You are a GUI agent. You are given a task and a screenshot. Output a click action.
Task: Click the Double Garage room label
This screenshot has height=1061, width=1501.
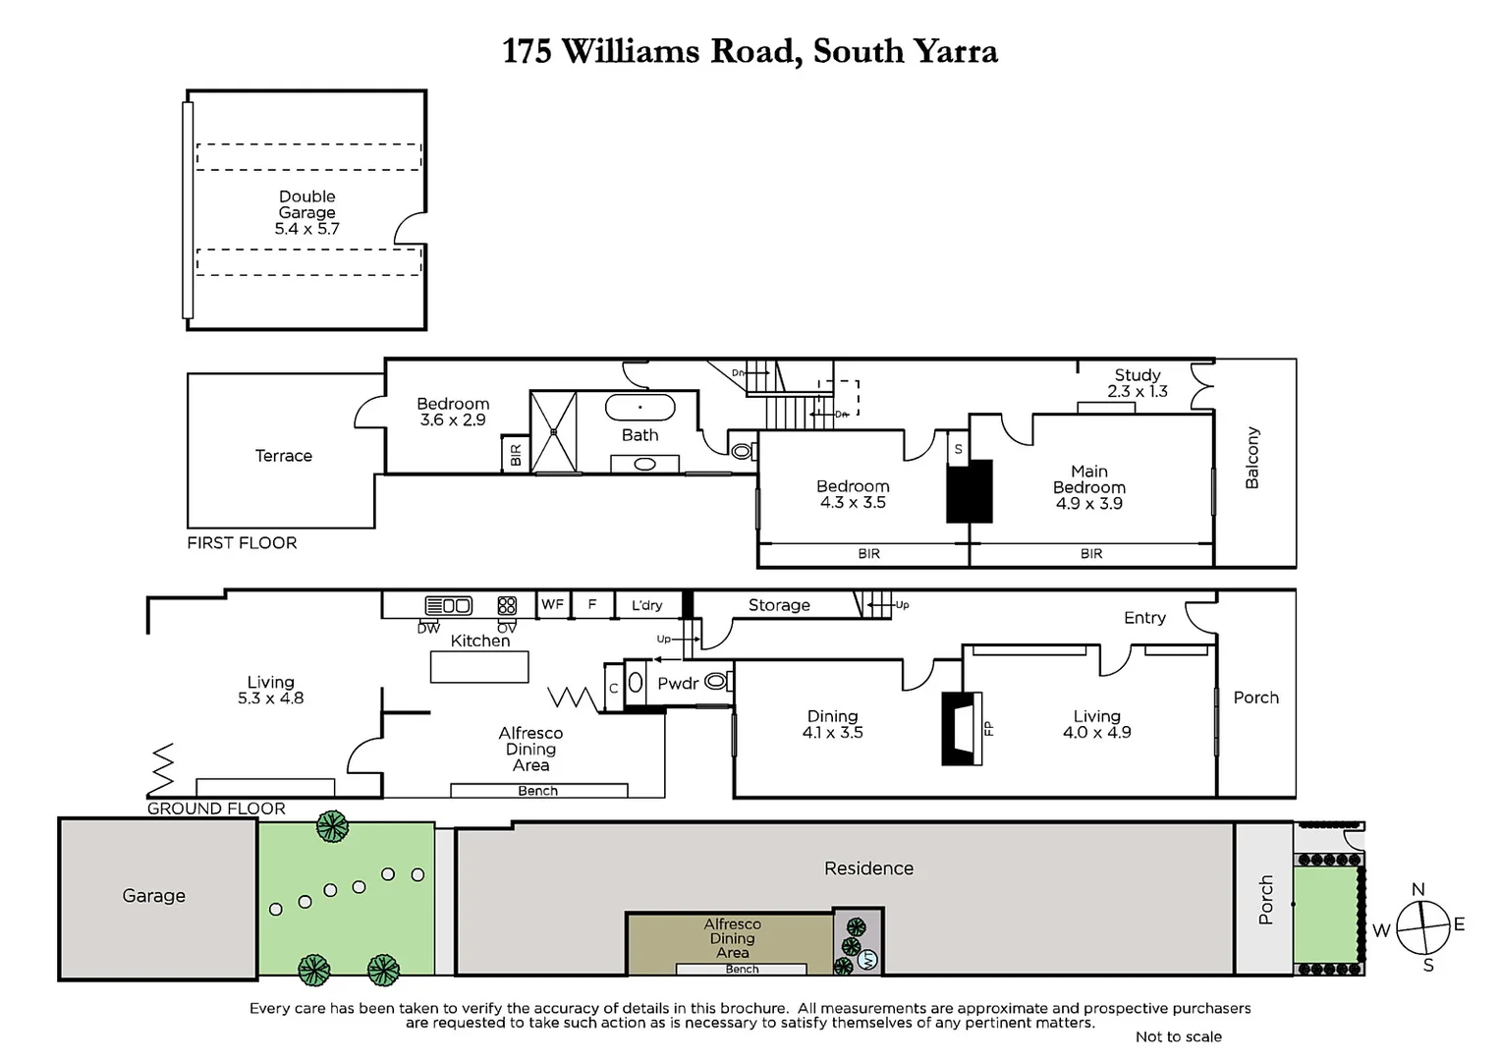(x=306, y=212)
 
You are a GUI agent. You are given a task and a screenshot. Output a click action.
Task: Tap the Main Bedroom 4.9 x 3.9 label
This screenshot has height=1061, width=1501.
(x=1088, y=487)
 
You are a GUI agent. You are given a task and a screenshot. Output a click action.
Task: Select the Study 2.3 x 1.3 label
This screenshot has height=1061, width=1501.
(x=1138, y=383)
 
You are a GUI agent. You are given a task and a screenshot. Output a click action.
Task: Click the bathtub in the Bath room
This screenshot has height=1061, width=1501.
(x=639, y=407)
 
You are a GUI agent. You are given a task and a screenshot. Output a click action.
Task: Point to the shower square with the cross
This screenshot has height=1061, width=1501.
(x=554, y=431)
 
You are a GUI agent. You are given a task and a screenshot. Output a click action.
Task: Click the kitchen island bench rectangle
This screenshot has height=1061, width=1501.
(x=479, y=667)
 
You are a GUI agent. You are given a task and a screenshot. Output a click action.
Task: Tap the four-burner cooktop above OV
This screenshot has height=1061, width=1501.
(x=507, y=605)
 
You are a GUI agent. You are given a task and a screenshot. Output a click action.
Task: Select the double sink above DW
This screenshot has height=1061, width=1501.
(x=448, y=605)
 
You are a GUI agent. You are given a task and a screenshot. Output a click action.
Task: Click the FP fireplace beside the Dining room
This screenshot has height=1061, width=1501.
(x=962, y=728)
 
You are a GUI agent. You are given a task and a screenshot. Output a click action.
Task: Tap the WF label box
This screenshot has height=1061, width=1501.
(x=552, y=604)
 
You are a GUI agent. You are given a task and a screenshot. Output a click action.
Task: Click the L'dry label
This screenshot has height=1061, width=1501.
(x=646, y=605)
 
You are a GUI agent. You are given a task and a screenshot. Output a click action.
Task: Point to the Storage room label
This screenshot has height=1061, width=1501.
(x=779, y=605)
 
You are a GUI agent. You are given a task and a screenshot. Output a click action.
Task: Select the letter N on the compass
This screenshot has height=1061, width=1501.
(x=1418, y=889)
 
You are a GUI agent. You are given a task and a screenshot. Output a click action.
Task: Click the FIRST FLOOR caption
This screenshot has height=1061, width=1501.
(x=242, y=542)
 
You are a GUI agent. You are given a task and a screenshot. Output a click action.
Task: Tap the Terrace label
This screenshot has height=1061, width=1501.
(x=283, y=456)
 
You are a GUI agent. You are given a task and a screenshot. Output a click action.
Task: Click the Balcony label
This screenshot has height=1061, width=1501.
(x=1251, y=458)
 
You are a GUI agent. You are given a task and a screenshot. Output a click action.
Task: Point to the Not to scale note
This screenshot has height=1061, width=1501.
(x=1178, y=1036)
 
